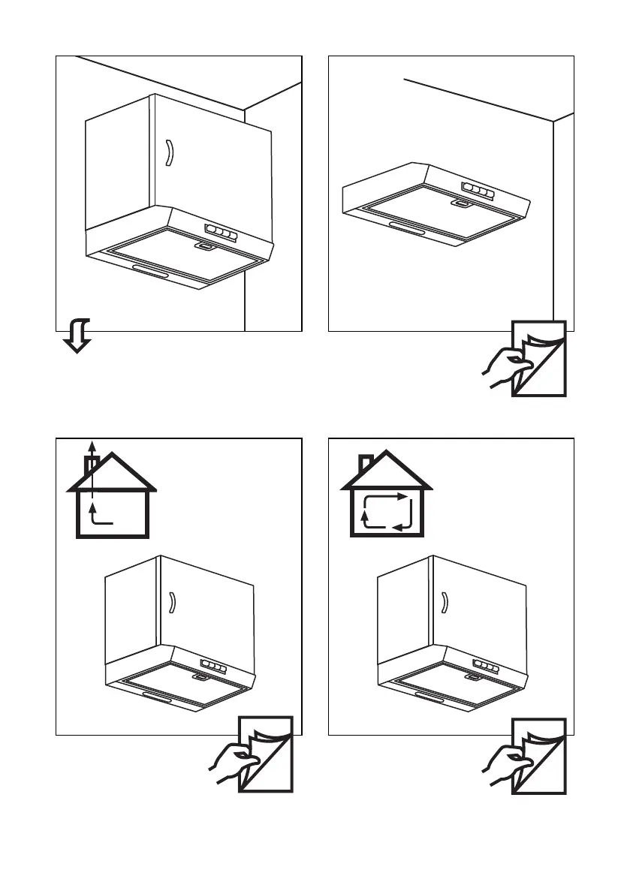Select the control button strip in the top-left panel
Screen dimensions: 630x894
coord(218,231)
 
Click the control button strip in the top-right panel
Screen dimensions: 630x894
coord(478,189)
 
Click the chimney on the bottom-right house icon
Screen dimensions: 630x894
coord(366,462)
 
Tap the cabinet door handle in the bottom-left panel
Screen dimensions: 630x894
coord(172,603)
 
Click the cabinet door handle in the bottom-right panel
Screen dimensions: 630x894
coord(445,603)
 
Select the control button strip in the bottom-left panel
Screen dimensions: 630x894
coord(214,666)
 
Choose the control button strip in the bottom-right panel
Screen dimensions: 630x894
coord(486,666)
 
